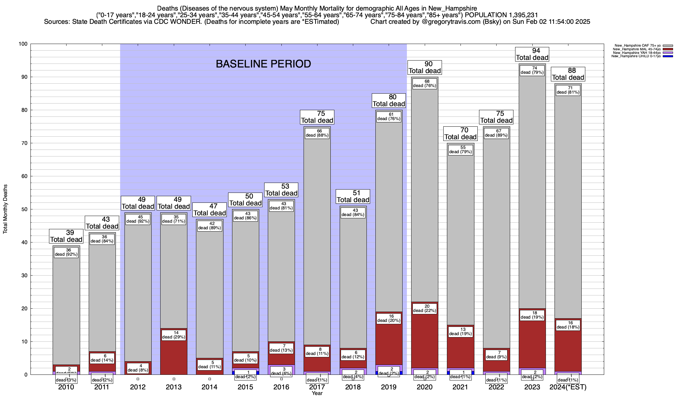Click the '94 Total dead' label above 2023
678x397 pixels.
coord(532,54)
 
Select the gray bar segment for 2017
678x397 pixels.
coord(317,238)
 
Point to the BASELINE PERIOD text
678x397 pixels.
coord(263,64)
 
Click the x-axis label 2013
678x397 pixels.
coord(173,387)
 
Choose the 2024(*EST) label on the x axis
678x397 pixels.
coord(568,387)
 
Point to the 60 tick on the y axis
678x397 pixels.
coord(24,176)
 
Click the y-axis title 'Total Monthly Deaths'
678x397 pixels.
coord(5,209)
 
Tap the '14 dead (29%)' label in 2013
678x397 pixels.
coord(173,335)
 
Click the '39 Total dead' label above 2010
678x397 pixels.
coord(66,236)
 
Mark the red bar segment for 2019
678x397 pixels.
coord(389,341)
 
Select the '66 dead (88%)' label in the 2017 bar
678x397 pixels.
coord(317,133)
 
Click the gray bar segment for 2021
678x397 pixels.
coord(460,238)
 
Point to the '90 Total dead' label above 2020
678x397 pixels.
coord(424,67)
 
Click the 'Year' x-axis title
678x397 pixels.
coord(317,393)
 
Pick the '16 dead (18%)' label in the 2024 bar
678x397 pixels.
coord(568,325)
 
